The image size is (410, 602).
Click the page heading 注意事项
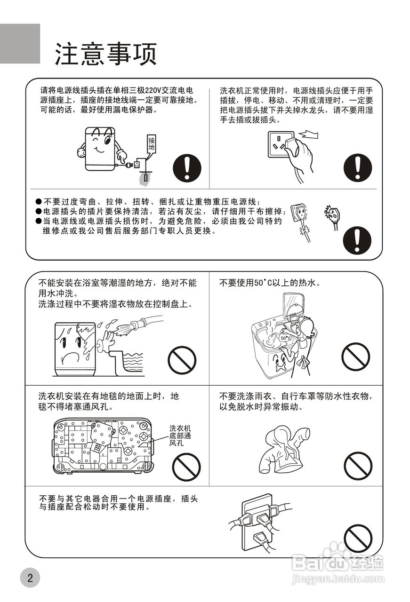click(x=105, y=54)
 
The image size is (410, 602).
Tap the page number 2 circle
click(x=30, y=578)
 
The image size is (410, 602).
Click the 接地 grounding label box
click(x=151, y=143)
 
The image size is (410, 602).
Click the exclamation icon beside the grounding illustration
click(x=187, y=168)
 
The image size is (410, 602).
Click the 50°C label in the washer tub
click(x=285, y=338)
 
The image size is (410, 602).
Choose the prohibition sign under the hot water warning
click(x=355, y=357)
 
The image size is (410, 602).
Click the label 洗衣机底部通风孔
click(x=180, y=436)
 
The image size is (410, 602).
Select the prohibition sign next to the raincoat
click(x=358, y=466)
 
